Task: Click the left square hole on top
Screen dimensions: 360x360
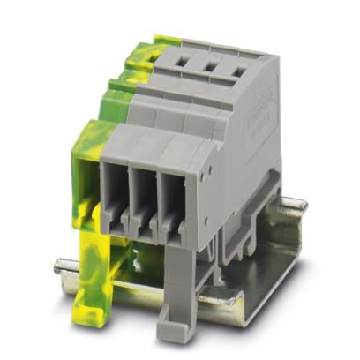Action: pyautogui.click(x=186, y=63)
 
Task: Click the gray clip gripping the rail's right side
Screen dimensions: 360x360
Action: pyautogui.click(x=265, y=221)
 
